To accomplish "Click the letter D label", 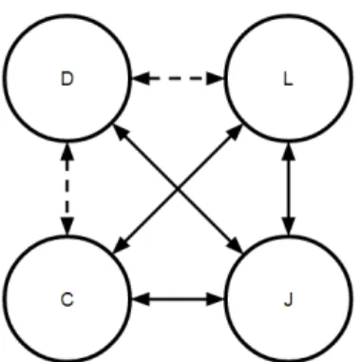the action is point(66,79).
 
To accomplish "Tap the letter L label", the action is point(288,79).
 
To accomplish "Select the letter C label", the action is point(67,299).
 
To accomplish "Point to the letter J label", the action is point(288,299).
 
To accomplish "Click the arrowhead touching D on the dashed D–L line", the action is point(140,78).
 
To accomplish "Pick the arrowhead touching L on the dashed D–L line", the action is point(216,78).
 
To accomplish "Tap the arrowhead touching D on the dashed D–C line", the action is point(66,151).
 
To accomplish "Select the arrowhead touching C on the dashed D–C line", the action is point(66,227).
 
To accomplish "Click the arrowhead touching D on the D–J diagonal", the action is point(121,132).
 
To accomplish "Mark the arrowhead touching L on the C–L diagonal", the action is point(235,132).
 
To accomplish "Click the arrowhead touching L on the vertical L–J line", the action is point(289,151).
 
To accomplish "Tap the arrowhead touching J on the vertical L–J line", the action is point(289,227).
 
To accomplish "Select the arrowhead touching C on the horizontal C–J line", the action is point(140,299).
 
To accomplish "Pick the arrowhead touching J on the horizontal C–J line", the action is point(216,299).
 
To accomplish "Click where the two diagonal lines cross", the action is point(178,189).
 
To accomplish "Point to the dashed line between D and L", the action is point(178,78).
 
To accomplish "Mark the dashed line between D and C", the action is point(66,189).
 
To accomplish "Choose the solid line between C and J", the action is point(178,299).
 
